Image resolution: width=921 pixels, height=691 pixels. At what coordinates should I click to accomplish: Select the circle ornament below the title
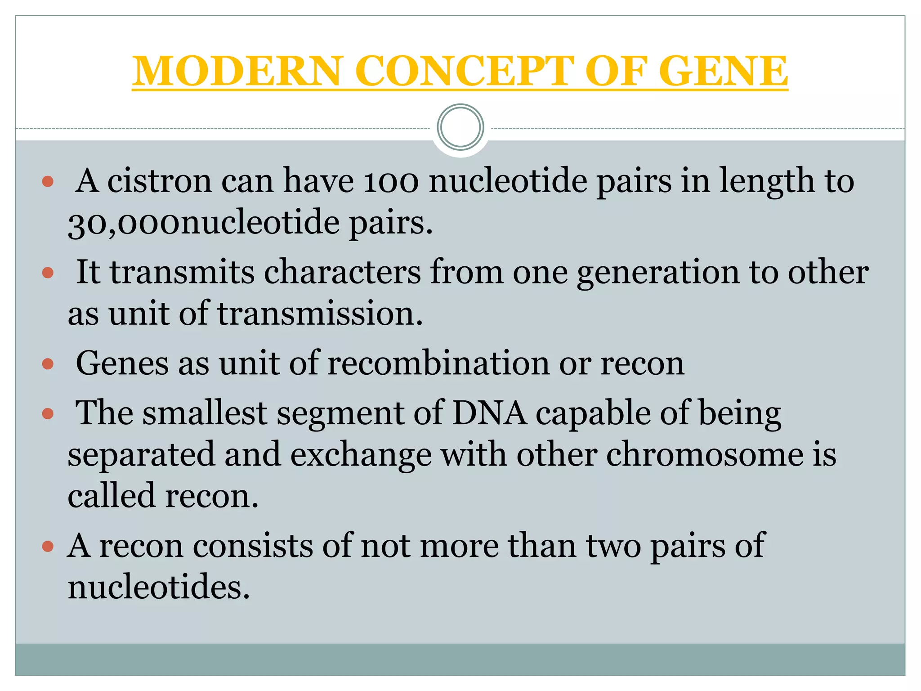click(460, 127)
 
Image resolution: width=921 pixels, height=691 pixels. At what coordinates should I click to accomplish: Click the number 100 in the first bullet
click(391, 181)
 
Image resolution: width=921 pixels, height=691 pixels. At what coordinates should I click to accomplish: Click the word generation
click(658, 272)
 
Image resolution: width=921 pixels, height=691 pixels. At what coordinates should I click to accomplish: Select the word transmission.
click(320, 314)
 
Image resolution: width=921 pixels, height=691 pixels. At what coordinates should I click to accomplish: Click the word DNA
click(489, 413)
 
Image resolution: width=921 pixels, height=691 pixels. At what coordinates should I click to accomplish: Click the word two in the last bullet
click(613, 546)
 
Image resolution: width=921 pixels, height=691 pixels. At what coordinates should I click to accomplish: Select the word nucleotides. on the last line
click(159, 587)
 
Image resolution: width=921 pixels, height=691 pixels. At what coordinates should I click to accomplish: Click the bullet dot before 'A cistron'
click(48, 182)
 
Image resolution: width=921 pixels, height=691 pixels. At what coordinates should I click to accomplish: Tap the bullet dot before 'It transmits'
click(48, 273)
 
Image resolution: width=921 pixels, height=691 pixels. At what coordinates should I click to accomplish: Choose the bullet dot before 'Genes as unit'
click(48, 364)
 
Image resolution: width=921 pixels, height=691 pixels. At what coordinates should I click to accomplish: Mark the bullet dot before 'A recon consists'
click(48, 547)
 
